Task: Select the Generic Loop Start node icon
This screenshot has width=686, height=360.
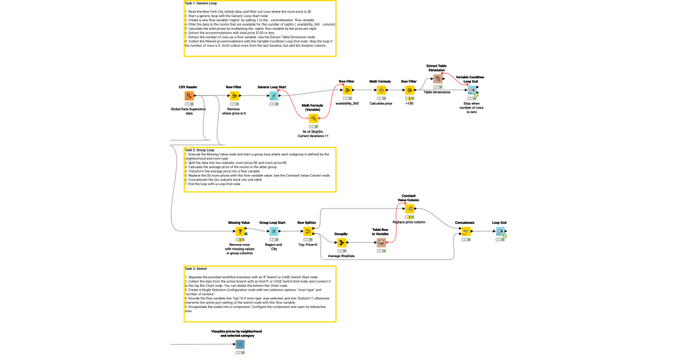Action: click(x=273, y=96)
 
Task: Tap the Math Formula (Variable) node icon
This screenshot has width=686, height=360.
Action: click(x=313, y=118)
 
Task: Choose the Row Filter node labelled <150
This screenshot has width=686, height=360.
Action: click(x=409, y=90)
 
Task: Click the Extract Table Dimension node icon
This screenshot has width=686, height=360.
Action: click(x=437, y=79)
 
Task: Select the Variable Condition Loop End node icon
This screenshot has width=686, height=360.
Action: click(x=471, y=90)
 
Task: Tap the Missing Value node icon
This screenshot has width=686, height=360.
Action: click(x=240, y=231)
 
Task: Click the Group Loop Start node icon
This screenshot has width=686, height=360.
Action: click(x=273, y=231)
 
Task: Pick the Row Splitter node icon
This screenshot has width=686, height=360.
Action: click(x=308, y=231)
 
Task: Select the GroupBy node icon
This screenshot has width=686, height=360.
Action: click(x=342, y=243)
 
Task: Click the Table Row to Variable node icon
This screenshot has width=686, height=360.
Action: click(x=381, y=243)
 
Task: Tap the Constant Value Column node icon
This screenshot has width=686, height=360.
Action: click(x=409, y=209)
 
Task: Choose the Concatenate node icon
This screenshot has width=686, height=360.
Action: click(x=465, y=231)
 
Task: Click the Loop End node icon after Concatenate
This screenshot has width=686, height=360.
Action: click(x=500, y=231)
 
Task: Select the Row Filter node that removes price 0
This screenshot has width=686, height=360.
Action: click(x=234, y=96)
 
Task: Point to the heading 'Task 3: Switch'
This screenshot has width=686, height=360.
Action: click(x=196, y=268)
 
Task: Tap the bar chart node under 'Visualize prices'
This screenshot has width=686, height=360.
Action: click(x=240, y=344)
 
